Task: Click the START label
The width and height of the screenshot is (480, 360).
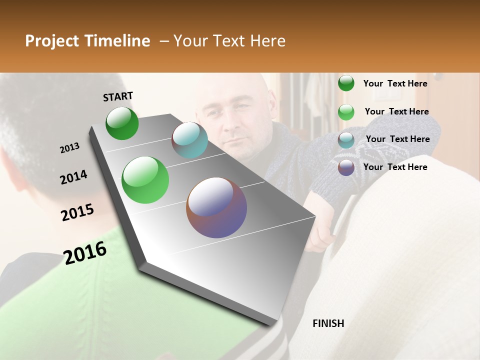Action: (118, 96)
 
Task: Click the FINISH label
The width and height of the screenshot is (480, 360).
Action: (328, 323)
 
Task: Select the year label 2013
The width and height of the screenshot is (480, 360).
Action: (69, 148)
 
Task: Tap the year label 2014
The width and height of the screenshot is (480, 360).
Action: (73, 177)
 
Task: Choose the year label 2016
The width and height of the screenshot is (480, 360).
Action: (85, 252)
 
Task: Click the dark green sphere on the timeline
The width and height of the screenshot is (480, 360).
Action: (122, 123)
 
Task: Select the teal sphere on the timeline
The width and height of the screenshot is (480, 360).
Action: (189, 140)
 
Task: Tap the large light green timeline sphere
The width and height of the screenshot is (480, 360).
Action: (145, 180)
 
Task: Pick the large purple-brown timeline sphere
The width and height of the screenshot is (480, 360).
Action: (216, 207)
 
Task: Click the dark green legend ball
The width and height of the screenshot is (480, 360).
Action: (346, 83)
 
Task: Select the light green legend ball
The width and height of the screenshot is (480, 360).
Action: (346, 112)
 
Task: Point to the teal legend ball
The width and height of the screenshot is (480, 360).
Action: (346, 139)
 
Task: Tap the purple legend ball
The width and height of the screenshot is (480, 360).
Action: (346, 167)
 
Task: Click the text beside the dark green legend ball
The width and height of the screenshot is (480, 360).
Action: (395, 83)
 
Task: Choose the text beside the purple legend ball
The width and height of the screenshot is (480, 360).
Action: (395, 167)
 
